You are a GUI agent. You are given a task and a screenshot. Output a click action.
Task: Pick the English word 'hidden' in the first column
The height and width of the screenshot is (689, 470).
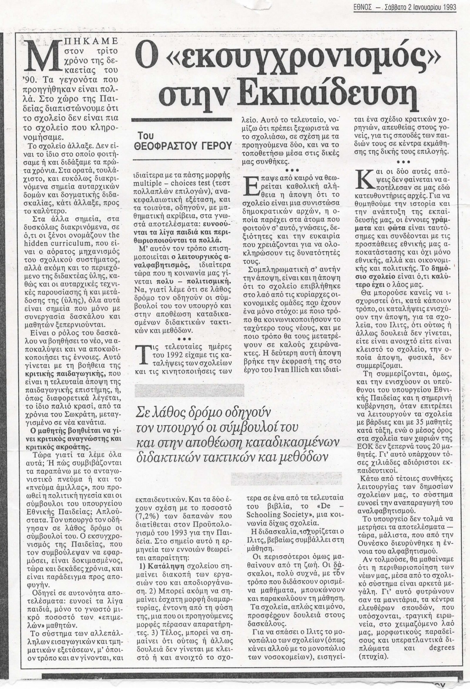[x=36, y=235]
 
